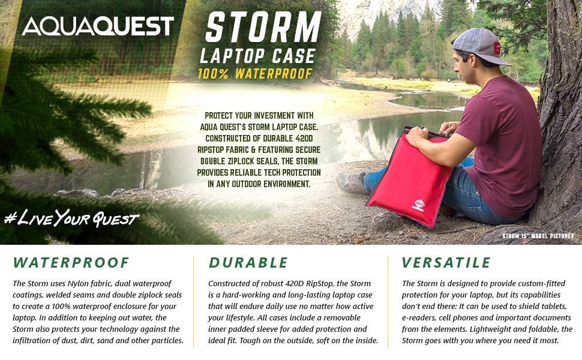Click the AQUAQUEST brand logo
point(98,26)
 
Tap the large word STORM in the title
point(263,27)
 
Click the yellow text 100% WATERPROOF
point(255,74)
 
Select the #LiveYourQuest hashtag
point(71,218)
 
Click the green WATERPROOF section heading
point(71,262)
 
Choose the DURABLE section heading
point(248,262)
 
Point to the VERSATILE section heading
point(446,262)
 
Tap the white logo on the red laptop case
point(419,205)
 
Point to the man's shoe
point(352,182)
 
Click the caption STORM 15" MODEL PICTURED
point(538,236)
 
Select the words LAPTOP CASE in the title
point(258,56)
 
